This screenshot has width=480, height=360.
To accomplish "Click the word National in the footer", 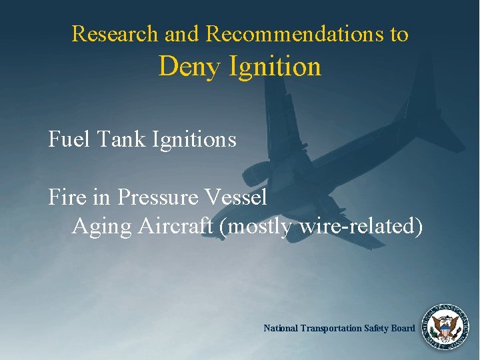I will coord(281,328).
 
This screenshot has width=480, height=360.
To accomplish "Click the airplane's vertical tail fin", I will coord(439,120).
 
